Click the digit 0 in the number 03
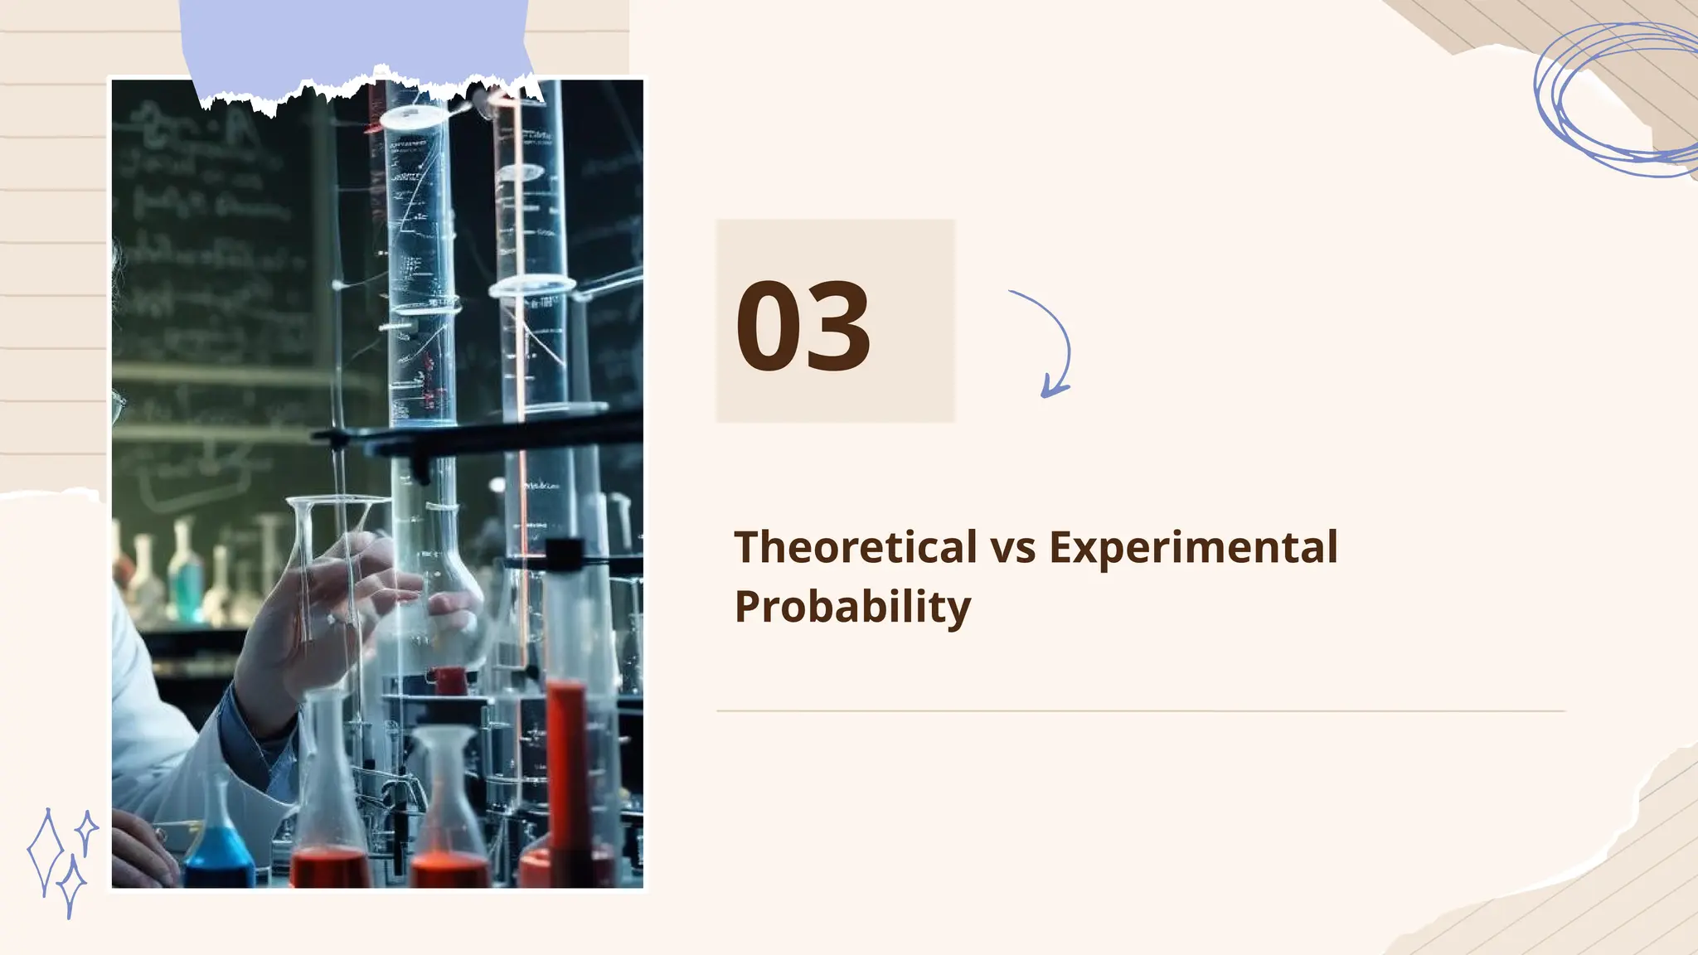point(769,327)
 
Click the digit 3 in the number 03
point(838,327)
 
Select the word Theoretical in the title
point(856,547)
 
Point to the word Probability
point(852,607)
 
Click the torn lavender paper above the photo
point(357,41)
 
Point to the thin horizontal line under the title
point(1141,710)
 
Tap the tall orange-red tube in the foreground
point(568,771)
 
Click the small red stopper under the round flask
point(449,680)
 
